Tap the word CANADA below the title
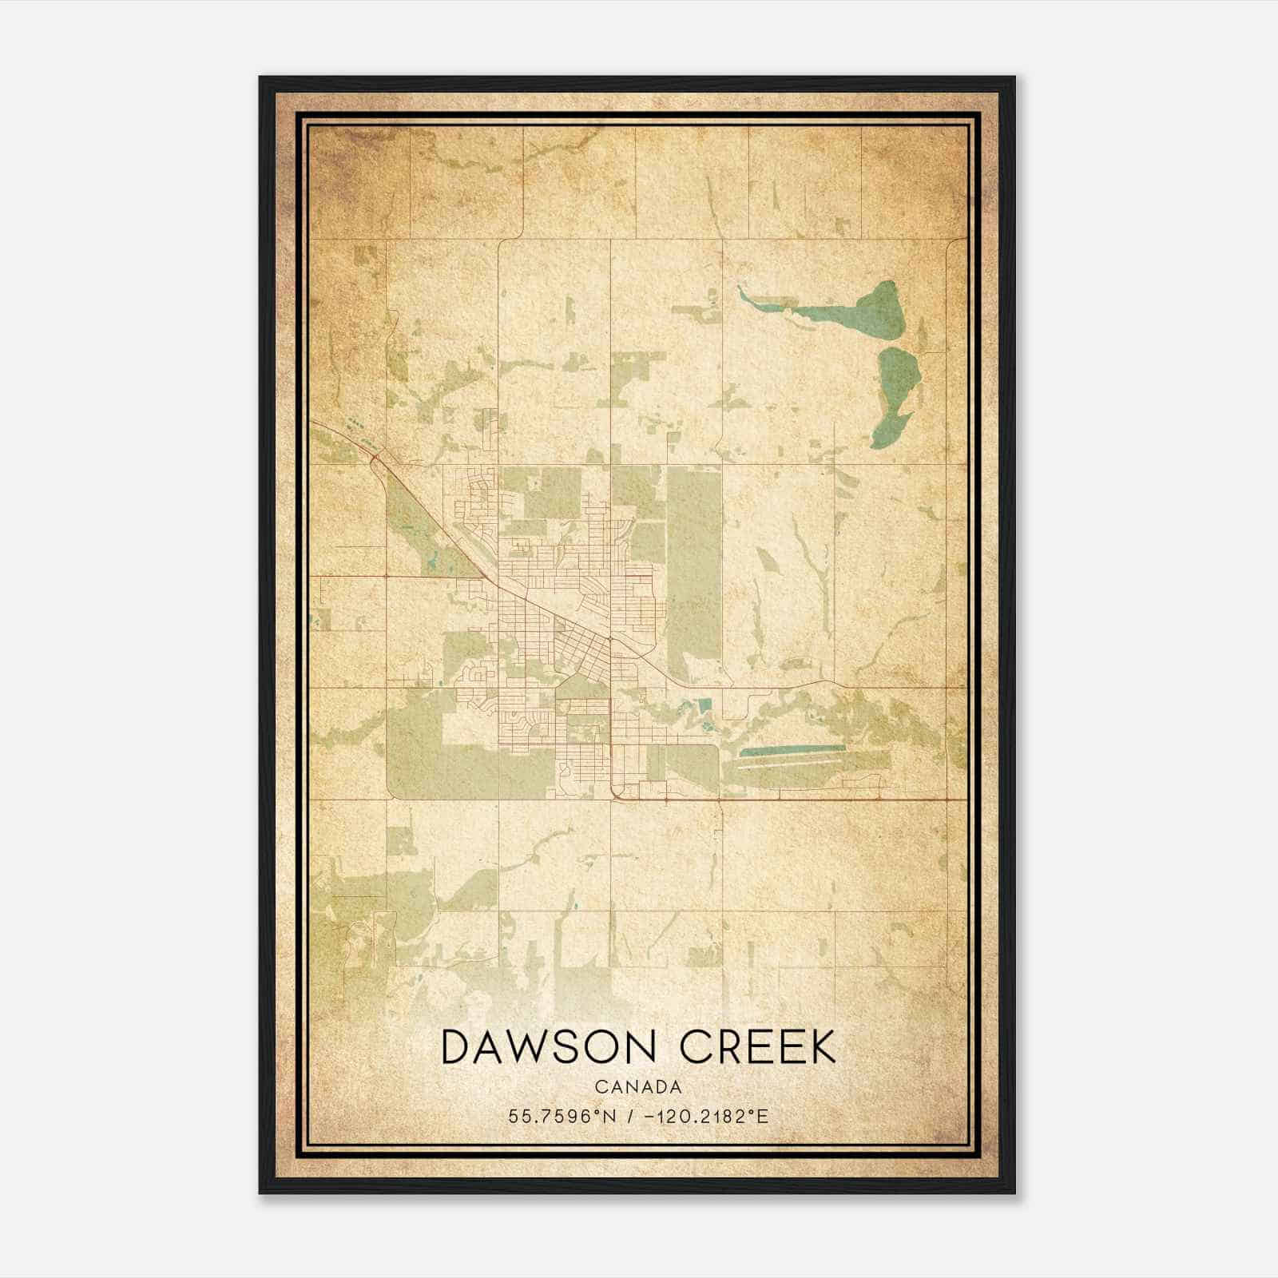tap(637, 1087)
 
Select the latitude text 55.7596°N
tap(562, 1116)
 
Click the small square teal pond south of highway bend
tap(704, 706)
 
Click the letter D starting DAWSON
tap(456, 1047)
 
